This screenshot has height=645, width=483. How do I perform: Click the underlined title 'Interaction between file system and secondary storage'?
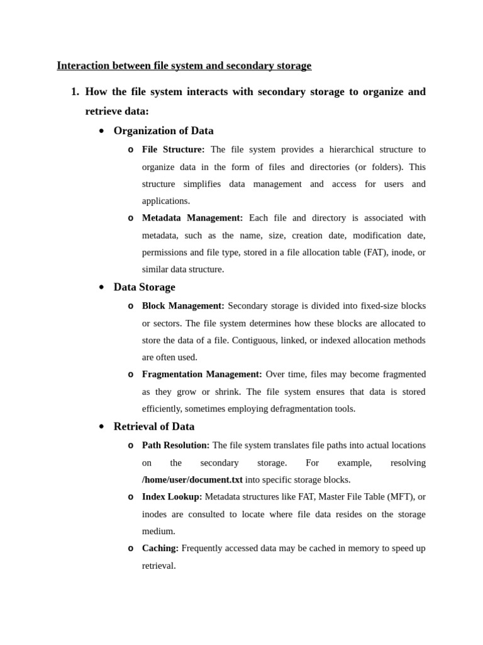pos(184,66)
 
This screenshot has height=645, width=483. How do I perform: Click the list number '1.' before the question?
pos(75,92)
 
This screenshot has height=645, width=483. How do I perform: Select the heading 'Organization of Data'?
pos(164,131)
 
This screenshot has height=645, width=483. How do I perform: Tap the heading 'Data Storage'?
pos(144,287)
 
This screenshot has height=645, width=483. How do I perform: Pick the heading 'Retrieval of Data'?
pos(154,426)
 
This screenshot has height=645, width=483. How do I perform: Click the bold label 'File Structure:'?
pos(173,150)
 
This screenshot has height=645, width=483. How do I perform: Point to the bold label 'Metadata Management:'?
pos(192,218)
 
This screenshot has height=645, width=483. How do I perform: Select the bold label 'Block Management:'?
pos(183,306)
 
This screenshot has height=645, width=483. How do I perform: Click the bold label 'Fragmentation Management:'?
pos(202,374)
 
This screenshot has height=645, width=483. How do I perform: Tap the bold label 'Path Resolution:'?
pos(176,445)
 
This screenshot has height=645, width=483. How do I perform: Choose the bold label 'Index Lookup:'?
pos(172,497)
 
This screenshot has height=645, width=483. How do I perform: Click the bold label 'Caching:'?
pos(160,549)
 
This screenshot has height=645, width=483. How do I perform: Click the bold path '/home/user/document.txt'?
pos(192,480)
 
